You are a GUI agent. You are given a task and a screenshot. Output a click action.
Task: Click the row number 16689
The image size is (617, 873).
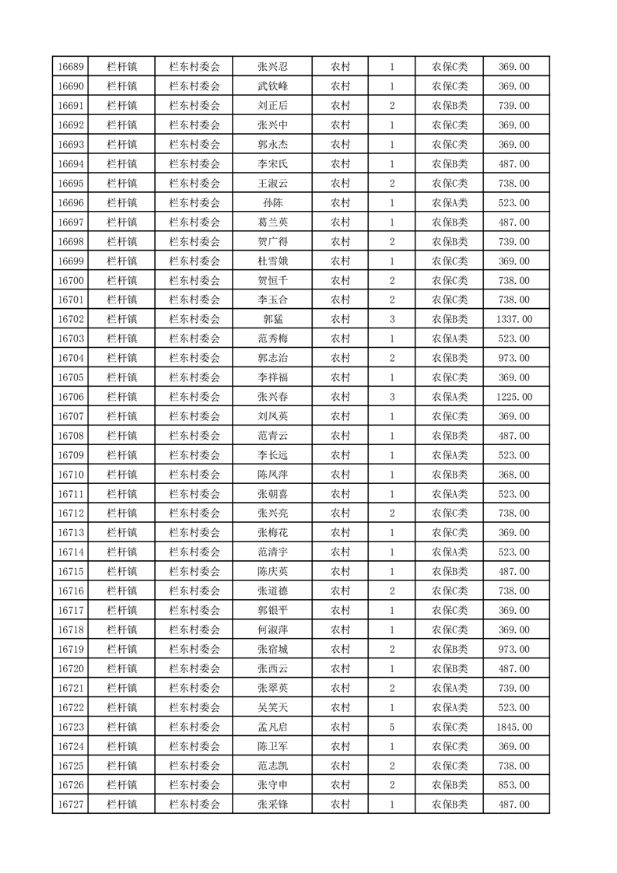coord(71,67)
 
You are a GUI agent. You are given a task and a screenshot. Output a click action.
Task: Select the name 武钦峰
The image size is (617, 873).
coord(272,86)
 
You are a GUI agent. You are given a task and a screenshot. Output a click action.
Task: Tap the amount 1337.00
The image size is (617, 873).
coord(514,319)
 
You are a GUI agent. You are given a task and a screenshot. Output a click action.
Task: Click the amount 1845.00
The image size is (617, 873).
coord(514,727)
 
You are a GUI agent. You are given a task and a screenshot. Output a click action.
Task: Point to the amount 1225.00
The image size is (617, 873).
coord(514,397)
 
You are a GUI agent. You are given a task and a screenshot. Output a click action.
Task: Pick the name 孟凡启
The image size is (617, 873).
coord(272,727)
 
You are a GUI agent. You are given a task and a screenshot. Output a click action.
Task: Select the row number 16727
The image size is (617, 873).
coord(71,805)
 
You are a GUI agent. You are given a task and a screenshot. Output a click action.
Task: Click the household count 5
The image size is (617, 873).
coord(391,727)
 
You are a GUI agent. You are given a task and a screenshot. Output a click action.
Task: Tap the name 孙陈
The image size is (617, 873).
coord(272,203)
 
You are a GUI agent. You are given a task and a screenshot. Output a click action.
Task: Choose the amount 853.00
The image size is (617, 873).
coord(514,785)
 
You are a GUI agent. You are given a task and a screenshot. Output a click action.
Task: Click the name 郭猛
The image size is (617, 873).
coord(272,319)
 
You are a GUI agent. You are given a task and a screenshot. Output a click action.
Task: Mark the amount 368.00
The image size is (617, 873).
coord(514,475)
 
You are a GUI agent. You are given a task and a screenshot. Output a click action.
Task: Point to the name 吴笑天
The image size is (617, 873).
coord(272,707)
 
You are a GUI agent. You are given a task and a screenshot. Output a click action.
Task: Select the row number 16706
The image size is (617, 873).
coord(71,397)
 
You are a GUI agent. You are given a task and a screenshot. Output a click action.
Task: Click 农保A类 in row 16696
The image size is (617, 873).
coord(450,203)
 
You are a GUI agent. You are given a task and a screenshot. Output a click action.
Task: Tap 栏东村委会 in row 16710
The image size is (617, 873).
coord(195,475)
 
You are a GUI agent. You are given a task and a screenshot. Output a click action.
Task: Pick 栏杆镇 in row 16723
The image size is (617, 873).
coord(121,727)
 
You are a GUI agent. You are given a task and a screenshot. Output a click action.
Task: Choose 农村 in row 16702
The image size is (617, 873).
coord(340,319)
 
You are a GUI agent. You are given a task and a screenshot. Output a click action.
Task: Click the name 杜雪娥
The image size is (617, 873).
coord(272,261)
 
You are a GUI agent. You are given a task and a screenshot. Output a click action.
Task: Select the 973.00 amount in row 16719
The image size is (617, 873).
coord(514,649)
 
